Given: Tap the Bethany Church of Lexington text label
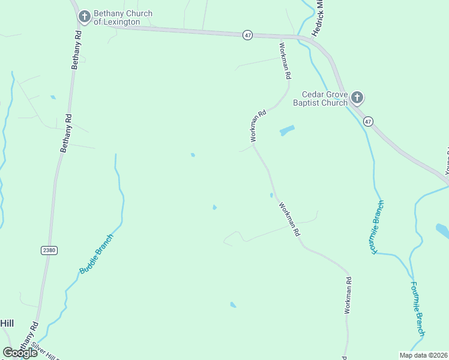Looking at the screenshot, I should [122, 18].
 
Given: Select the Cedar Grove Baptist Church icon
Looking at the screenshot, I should [357, 97].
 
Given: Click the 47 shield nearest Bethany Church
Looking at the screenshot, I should [248, 35].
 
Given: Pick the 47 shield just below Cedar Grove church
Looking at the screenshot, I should [368, 121].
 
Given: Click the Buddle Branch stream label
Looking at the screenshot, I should [96, 254].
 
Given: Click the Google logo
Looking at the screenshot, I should [20, 352].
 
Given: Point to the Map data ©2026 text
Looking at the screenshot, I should [423, 355].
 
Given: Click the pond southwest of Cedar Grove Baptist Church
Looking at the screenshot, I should [287, 130].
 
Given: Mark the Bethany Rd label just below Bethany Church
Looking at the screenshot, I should [77, 50].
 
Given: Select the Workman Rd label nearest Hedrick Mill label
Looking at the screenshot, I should [285, 60].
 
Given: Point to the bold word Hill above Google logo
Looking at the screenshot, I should [7, 323].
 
